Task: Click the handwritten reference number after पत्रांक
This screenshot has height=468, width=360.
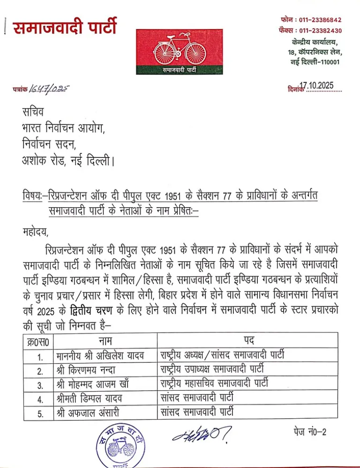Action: click(48, 89)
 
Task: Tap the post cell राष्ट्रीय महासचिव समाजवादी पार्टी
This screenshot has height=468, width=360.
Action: click(215, 384)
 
